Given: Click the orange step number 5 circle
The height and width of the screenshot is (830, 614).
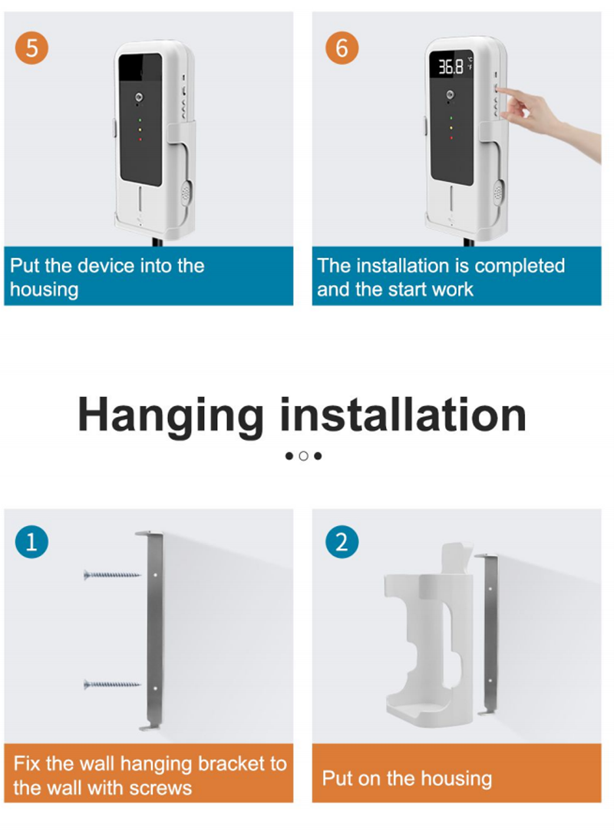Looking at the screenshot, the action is pos(31,48).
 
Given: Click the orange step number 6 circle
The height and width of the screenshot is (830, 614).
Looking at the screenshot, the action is pos(342,48).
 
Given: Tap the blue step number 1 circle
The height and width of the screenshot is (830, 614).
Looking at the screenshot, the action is pos(31,542).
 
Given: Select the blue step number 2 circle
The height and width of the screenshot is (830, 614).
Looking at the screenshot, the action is pos(342,542).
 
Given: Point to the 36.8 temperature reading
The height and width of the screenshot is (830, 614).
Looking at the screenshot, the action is pos(451,66).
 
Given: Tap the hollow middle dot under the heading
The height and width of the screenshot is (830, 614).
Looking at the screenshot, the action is pos(303,456).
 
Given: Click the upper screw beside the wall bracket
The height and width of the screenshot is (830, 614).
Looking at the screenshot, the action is pos(112,575).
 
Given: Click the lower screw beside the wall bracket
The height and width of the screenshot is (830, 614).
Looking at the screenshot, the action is pos(112,684).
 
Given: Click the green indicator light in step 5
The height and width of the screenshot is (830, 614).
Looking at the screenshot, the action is pos(140,120).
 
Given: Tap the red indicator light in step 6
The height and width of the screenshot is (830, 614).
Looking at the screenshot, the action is pos(451,138).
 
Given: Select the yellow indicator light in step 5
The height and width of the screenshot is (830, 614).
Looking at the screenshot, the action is pos(140,129).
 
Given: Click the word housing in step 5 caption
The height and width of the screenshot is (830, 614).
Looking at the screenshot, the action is pos(45,290).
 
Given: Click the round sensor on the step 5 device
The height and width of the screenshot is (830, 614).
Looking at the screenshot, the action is pos(139,97).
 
